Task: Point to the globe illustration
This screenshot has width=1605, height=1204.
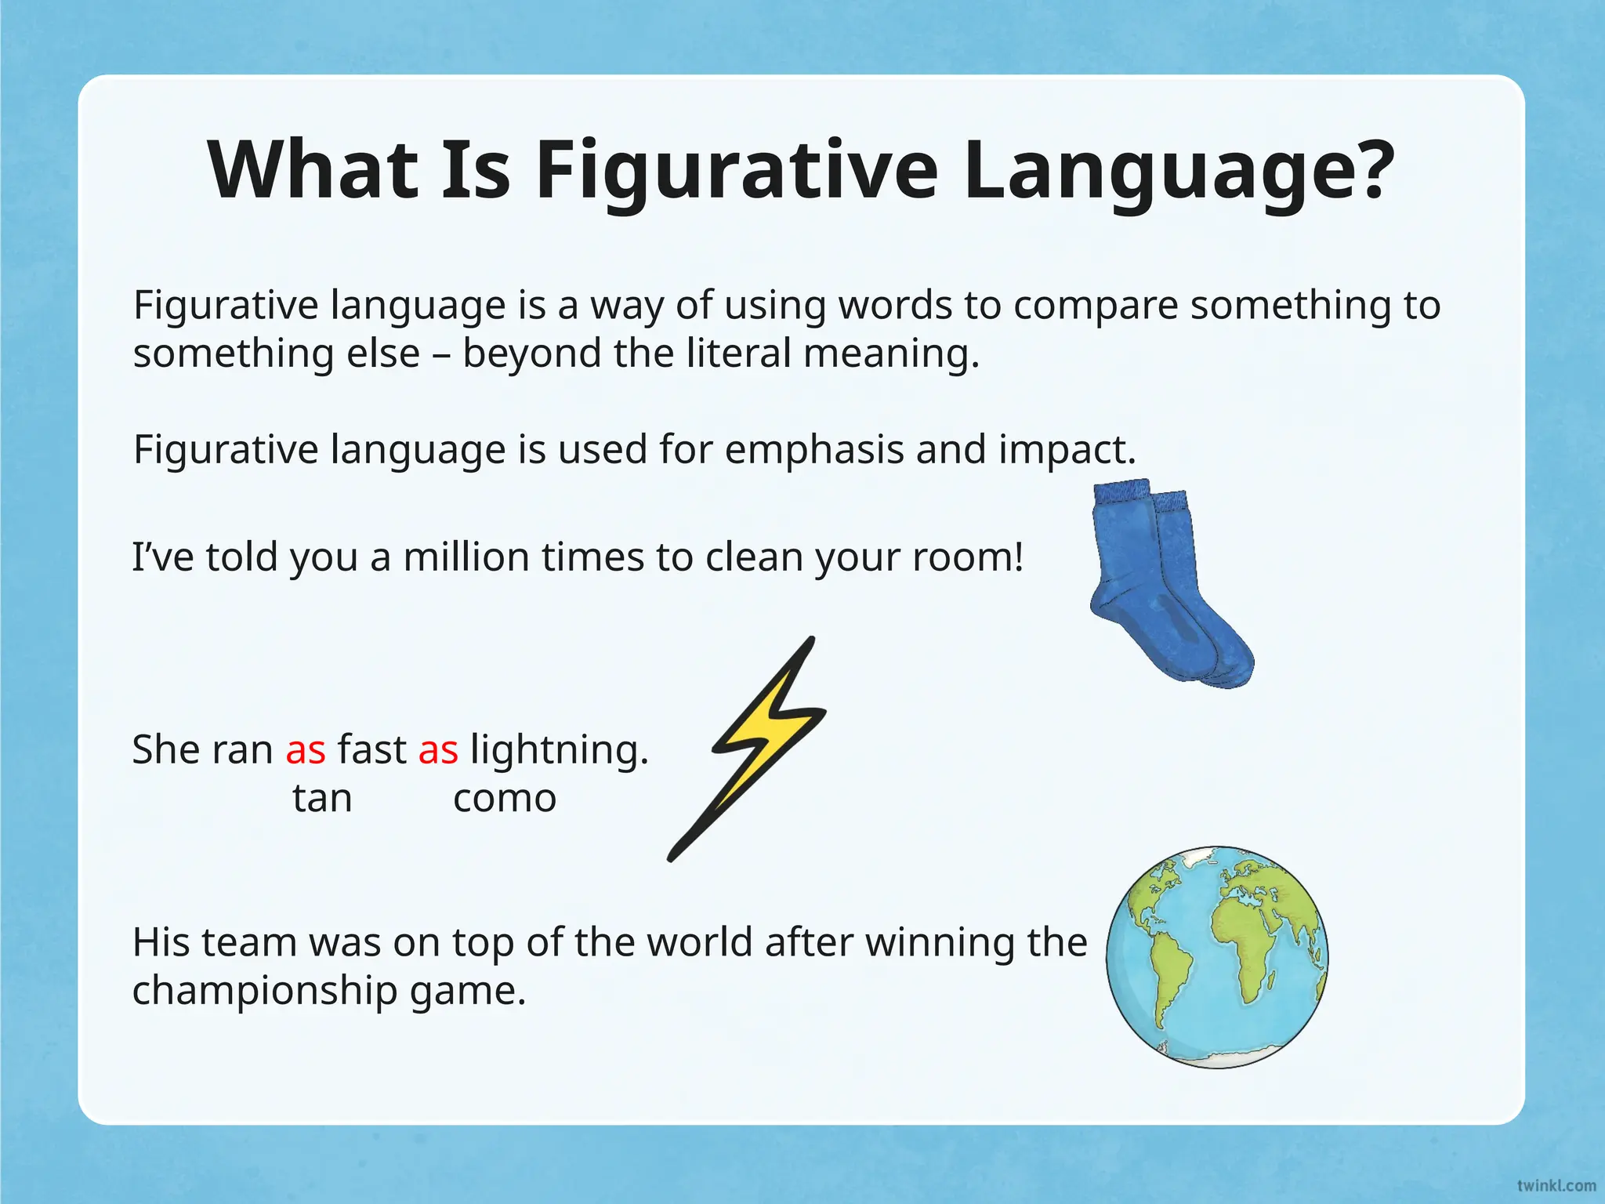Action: click(1217, 957)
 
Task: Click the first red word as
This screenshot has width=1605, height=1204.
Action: click(306, 751)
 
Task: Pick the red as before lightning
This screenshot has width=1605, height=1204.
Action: click(438, 751)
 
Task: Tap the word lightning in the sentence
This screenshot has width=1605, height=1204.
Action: click(559, 751)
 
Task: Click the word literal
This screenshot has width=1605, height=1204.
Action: click(739, 354)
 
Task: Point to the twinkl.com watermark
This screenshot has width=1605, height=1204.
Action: click(1556, 1185)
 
